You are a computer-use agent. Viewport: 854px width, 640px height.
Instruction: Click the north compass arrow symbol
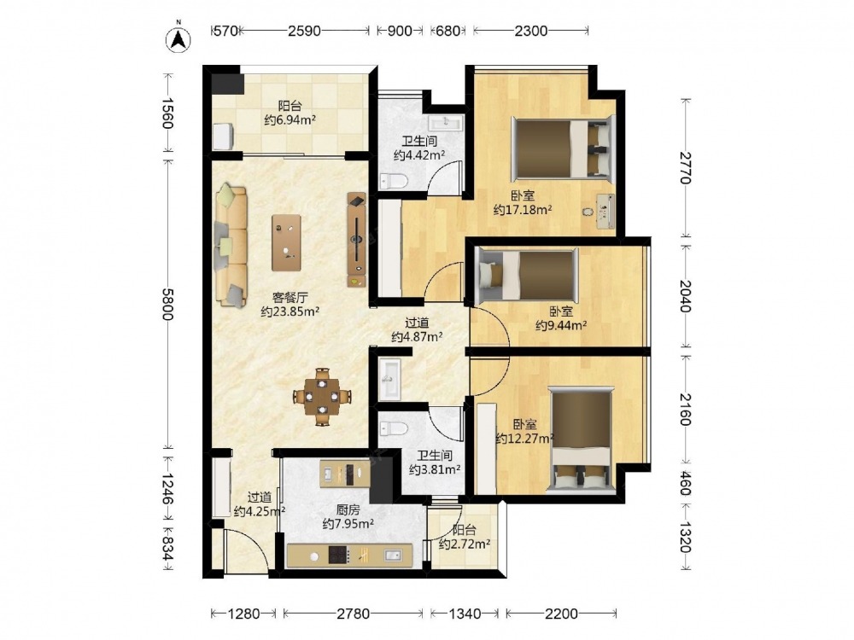coord(178,38)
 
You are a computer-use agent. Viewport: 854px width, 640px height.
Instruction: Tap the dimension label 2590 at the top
coord(304,31)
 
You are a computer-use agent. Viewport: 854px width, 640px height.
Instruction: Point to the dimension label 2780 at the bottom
coord(353,614)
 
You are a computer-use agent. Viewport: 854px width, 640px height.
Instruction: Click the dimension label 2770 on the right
coord(685,168)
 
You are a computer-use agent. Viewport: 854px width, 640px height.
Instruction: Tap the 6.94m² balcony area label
coord(290,120)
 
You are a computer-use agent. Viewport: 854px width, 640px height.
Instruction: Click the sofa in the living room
coord(231,246)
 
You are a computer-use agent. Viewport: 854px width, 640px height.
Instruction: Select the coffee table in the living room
coord(286,242)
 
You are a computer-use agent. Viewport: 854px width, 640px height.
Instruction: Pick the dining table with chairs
coord(323,397)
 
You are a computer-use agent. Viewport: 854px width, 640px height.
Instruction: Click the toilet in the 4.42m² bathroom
coord(393,181)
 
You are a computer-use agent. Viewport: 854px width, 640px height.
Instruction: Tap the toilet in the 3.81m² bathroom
coord(394,428)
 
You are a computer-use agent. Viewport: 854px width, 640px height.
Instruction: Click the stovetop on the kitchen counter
coord(339,556)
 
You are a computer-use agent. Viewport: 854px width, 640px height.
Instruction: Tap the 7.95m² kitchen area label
coord(348,524)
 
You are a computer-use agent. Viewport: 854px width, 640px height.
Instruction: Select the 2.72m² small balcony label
coord(464,544)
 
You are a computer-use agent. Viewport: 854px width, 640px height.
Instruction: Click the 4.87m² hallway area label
coord(417,337)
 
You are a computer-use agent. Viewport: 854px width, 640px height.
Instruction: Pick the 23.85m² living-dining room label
coord(290,311)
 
